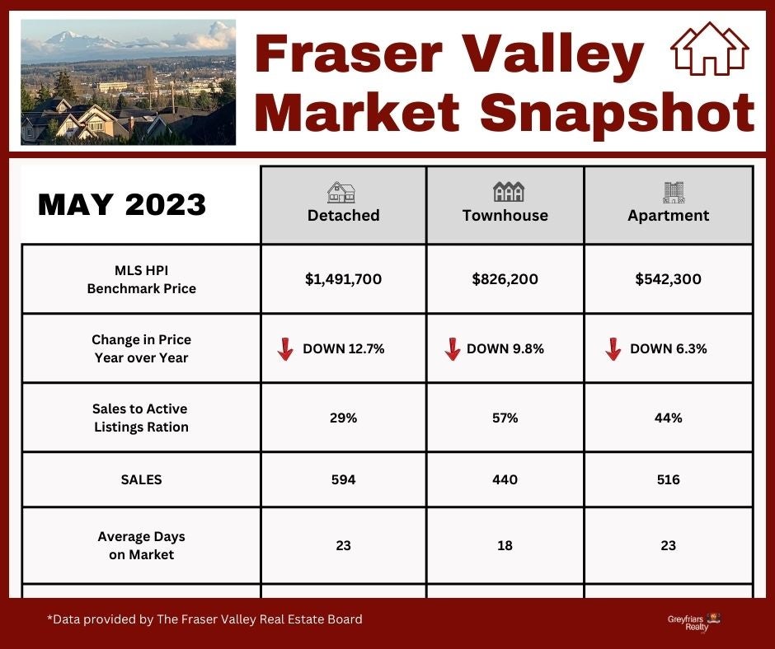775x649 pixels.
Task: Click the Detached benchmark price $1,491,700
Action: pyautogui.click(x=343, y=279)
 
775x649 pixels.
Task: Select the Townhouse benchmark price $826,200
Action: pyautogui.click(x=505, y=279)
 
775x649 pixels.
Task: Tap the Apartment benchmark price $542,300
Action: pyautogui.click(x=668, y=279)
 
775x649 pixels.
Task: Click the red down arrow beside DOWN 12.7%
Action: pyautogui.click(x=285, y=349)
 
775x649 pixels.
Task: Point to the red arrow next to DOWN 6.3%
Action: pyautogui.click(x=613, y=349)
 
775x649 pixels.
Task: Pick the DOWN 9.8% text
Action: pyautogui.click(x=505, y=348)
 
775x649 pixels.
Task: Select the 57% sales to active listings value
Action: pyautogui.click(x=505, y=418)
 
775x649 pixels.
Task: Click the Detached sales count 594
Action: pyautogui.click(x=343, y=479)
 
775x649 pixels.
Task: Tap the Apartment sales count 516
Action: pyautogui.click(x=669, y=479)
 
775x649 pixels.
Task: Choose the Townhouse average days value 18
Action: pyautogui.click(x=505, y=545)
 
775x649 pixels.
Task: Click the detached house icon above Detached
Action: pyautogui.click(x=341, y=193)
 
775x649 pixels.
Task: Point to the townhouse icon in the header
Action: pyautogui.click(x=509, y=192)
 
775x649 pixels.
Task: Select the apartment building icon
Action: pyautogui.click(x=674, y=193)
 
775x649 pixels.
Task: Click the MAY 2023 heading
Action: pyautogui.click(x=121, y=204)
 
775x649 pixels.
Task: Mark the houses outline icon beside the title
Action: pyautogui.click(x=709, y=49)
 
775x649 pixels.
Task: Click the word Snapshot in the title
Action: pyautogui.click(x=618, y=113)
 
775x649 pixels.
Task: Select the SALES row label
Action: pyautogui.click(x=141, y=479)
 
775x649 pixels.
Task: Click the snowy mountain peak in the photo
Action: pyautogui.click(x=67, y=35)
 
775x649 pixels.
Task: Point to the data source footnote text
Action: pyautogui.click(x=204, y=619)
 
